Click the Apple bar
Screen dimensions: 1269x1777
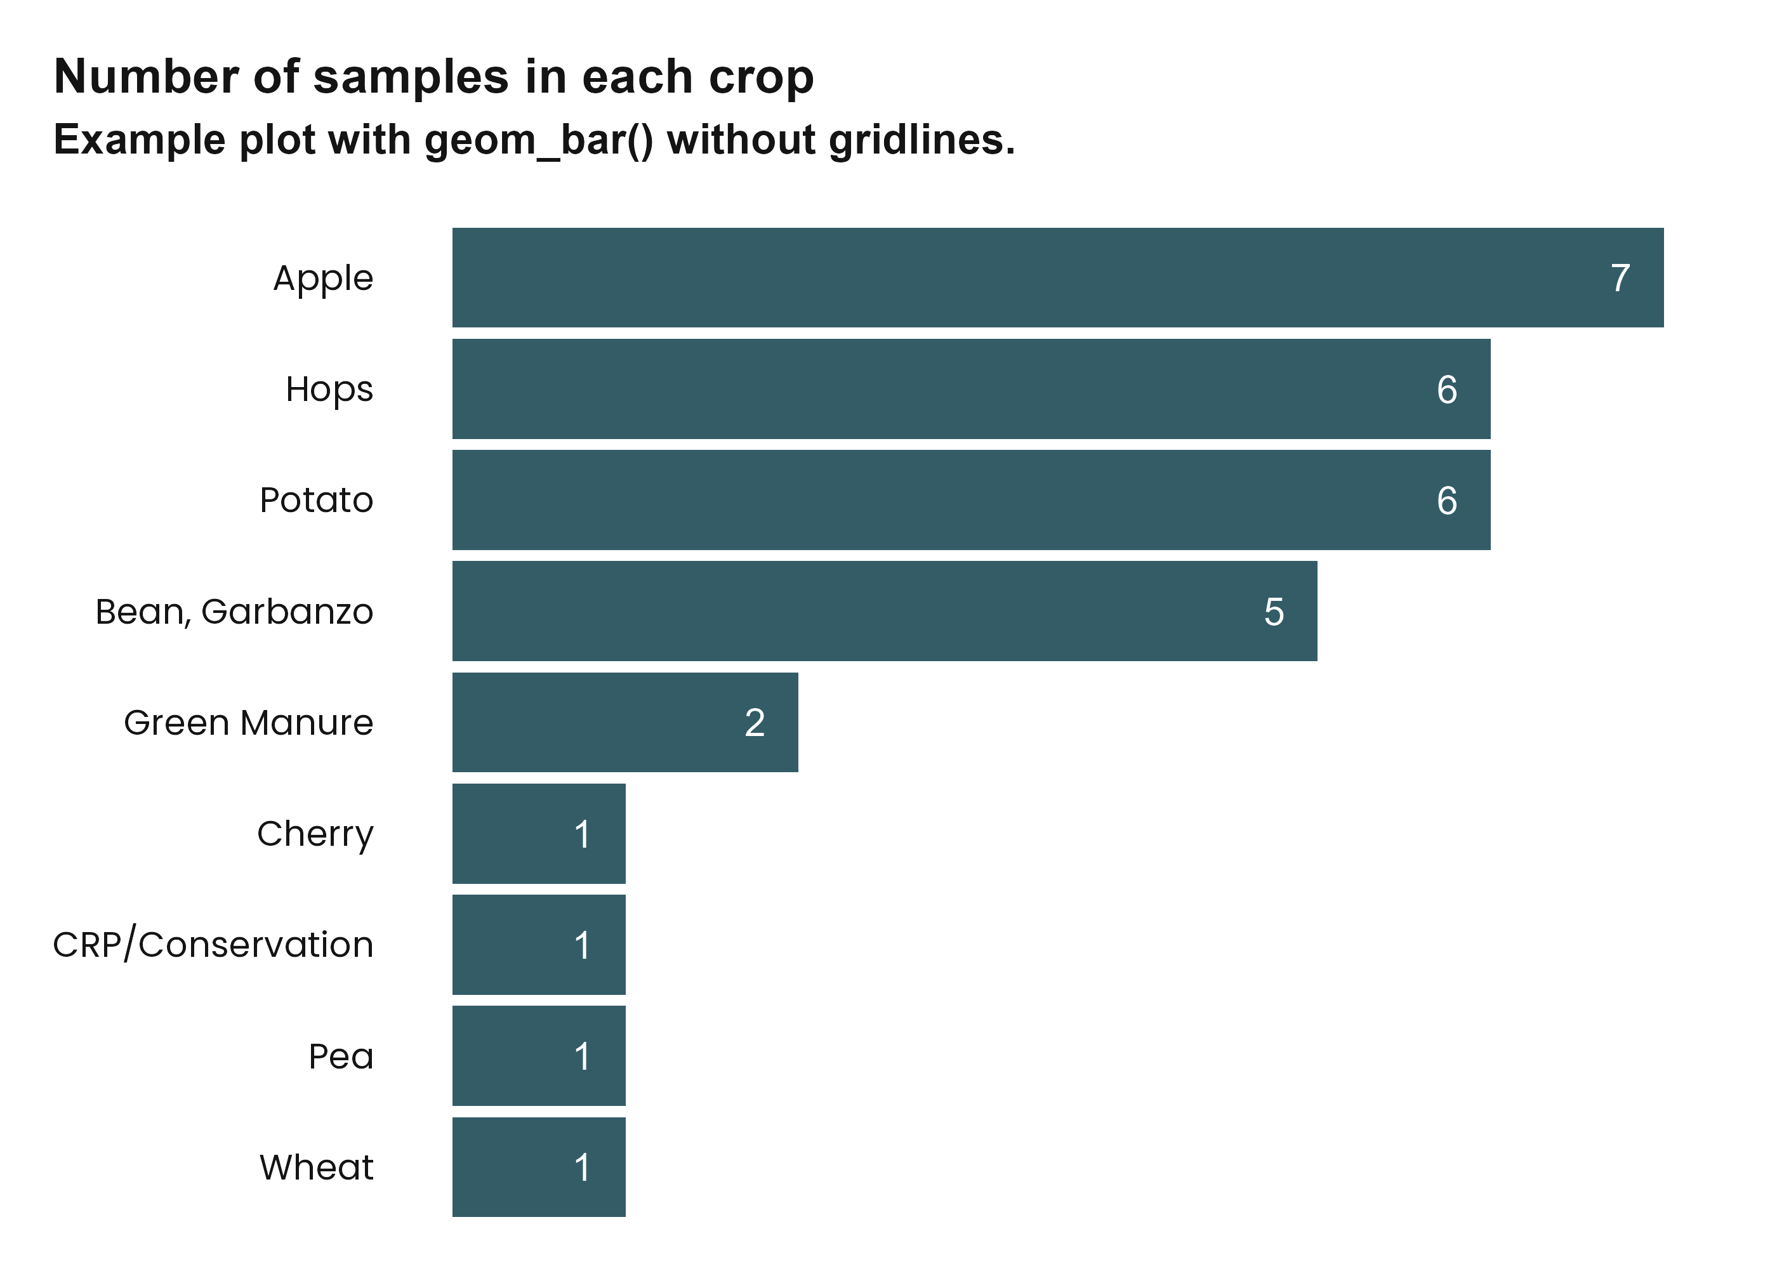[1057, 277]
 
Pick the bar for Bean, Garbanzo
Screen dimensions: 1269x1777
[884, 611]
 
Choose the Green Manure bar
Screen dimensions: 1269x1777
[624, 722]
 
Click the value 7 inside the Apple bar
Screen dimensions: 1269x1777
[1620, 278]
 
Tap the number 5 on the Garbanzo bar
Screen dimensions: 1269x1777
[1274, 612]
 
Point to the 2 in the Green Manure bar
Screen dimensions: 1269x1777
[754, 723]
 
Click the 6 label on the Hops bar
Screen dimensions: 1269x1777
[1446, 389]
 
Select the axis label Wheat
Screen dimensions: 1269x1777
[317, 1167]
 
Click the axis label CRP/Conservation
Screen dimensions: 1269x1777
[213, 945]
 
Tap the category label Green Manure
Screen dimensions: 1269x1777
[249, 723]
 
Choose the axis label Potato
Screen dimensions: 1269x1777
[317, 500]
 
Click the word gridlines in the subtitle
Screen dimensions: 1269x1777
[922, 141]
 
